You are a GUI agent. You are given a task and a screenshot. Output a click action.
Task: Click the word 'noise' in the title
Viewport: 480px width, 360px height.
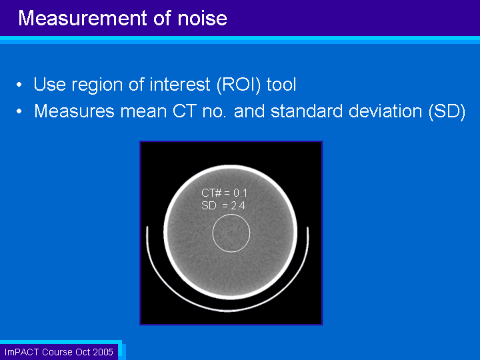203,18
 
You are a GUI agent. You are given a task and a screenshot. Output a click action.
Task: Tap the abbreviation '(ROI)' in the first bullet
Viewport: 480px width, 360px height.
239,85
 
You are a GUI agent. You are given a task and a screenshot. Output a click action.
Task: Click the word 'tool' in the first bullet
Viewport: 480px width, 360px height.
281,85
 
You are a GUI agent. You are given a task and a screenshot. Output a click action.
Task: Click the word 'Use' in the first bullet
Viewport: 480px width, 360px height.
49,84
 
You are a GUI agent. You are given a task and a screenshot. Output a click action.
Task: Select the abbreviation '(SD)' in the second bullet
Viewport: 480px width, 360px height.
447,111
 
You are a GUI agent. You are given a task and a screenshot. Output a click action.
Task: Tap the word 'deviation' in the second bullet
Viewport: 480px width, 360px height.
385,111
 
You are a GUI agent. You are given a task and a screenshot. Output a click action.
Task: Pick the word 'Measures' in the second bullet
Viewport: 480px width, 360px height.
74,111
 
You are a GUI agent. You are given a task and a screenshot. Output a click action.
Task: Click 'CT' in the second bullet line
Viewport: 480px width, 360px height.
185,111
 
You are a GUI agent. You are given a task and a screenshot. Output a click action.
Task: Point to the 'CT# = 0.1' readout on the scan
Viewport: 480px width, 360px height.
224,193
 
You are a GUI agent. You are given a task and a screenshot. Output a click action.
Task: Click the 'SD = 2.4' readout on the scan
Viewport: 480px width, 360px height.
223,205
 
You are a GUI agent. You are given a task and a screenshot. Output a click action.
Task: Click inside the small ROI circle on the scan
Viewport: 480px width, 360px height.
231,233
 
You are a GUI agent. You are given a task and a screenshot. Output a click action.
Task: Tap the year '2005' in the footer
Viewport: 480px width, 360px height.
103,352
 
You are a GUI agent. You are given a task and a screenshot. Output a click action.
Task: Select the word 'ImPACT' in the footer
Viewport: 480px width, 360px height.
22,352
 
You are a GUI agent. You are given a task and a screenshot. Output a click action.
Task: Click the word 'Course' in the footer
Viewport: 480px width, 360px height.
57,352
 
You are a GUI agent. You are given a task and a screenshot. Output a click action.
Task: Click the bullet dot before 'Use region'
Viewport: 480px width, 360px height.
19,85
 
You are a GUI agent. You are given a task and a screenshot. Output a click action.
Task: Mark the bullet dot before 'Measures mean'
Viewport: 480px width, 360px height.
19,111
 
